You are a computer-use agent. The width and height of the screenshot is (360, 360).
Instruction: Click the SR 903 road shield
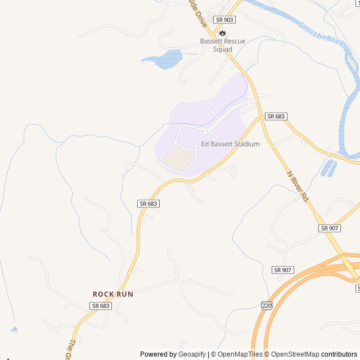[224, 19]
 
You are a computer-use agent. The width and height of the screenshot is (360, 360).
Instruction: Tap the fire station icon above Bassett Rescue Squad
[223, 33]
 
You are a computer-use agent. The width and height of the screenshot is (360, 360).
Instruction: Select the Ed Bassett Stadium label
[231, 144]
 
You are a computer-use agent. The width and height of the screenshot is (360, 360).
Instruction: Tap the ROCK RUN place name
[112, 294]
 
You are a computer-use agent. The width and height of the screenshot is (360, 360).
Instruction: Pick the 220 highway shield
[267, 305]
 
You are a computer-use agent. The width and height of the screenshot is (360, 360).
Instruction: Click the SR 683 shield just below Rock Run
[100, 305]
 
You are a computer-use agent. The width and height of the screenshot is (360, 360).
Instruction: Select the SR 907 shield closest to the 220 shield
[282, 270]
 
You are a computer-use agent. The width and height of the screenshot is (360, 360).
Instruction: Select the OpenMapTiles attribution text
[240, 354]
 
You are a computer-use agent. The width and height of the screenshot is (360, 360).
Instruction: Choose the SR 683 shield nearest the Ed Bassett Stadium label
[276, 116]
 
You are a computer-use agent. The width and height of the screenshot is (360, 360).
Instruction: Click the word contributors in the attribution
[339, 354]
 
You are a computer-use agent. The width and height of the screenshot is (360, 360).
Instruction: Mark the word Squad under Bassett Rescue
[223, 49]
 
